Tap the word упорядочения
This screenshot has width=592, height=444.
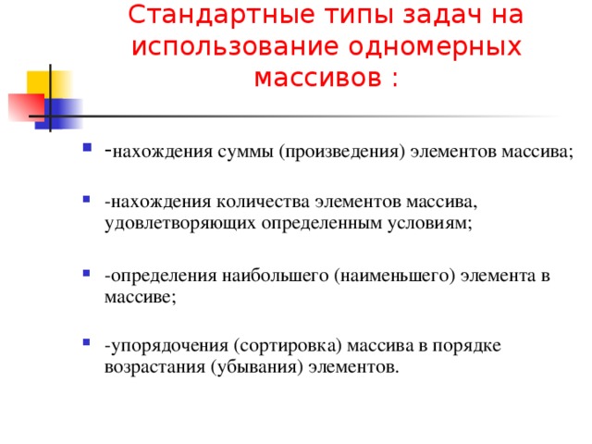pos(167,346)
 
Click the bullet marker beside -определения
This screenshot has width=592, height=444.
pos(86,274)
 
